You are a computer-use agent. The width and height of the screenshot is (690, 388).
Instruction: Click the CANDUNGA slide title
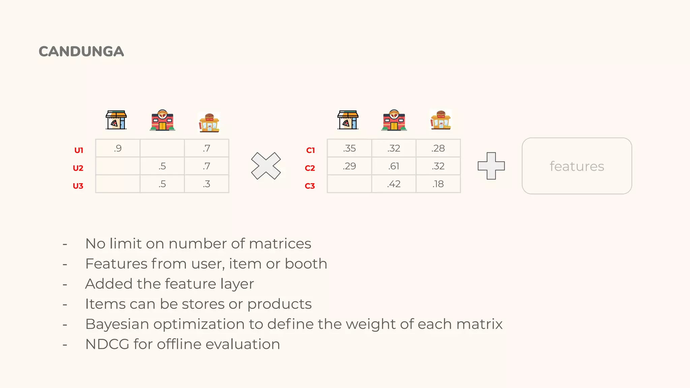(81, 52)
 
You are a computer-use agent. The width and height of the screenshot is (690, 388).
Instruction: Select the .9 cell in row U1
(118, 148)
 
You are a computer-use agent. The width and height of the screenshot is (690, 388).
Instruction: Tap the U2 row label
(78, 168)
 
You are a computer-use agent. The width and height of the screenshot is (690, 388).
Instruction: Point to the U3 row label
(78, 186)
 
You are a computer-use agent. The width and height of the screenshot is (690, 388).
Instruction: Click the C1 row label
(310, 150)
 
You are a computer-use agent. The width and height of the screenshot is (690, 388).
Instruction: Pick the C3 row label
(310, 186)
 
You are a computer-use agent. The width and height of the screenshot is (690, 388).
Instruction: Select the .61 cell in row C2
(394, 166)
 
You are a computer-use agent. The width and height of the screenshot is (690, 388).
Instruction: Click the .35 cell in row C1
(349, 148)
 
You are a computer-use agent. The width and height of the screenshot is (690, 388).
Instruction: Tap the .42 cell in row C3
(394, 184)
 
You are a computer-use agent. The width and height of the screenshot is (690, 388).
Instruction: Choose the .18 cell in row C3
(438, 184)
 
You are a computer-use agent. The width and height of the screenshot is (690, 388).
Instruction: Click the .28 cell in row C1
(438, 148)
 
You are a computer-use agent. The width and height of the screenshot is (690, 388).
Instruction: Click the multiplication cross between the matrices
(266, 166)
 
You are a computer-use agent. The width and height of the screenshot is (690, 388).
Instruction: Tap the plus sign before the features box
(491, 166)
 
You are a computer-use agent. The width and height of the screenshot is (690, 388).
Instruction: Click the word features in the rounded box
(577, 166)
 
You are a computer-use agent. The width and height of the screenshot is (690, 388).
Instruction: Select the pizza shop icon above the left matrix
(116, 120)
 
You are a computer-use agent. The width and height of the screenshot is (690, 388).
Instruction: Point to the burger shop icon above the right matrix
(441, 120)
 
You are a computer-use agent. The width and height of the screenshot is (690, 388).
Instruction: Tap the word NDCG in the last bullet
(107, 344)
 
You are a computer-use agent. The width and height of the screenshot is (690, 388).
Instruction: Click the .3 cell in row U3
(207, 184)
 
